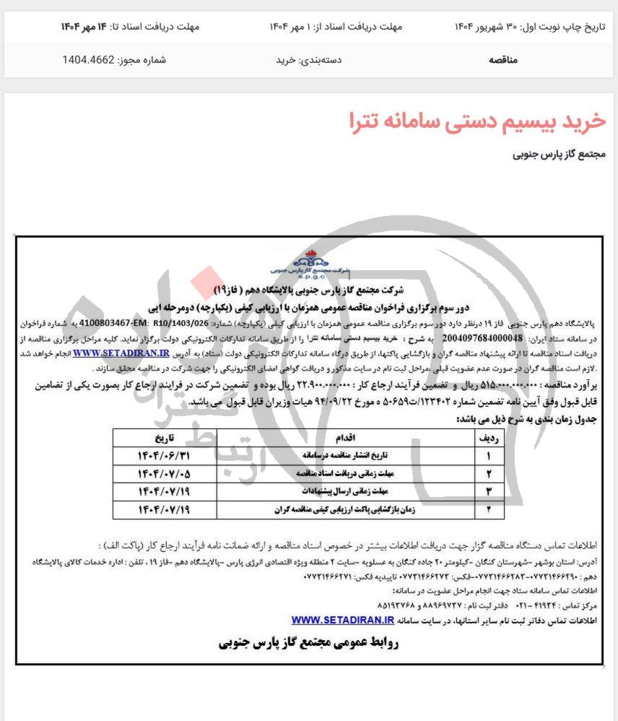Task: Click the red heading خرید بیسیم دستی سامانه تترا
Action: click(x=477, y=120)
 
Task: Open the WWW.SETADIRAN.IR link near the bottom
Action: click(x=342, y=619)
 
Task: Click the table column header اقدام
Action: click(x=345, y=438)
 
